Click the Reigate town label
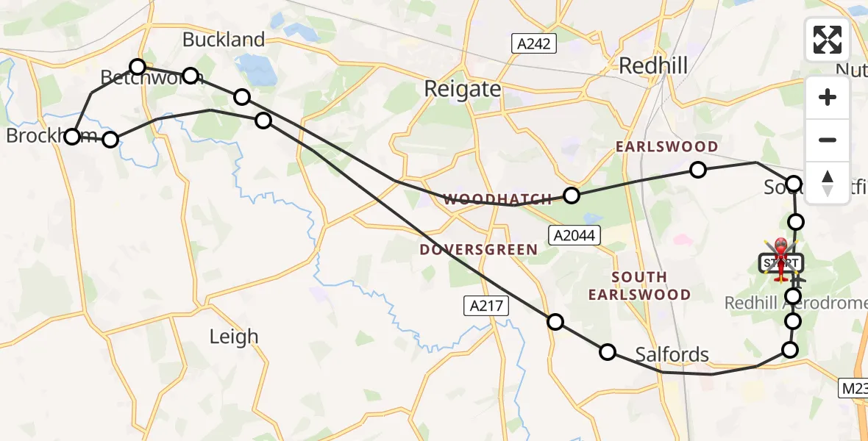tap(463, 90)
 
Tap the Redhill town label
tap(653, 66)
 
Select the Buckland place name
tap(224, 40)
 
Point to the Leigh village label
tap(234, 337)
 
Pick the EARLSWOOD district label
tap(656, 147)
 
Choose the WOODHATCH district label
tap(497, 199)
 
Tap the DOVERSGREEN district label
tap(478, 250)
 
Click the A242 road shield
tap(533, 43)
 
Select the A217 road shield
tap(487, 306)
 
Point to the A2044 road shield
tap(575, 235)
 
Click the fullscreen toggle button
tap(828, 40)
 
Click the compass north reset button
tap(828, 182)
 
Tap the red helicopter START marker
tap(780, 259)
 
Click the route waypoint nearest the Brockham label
tap(72, 137)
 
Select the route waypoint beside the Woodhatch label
tap(572, 196)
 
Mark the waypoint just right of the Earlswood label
tap(698, 171)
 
